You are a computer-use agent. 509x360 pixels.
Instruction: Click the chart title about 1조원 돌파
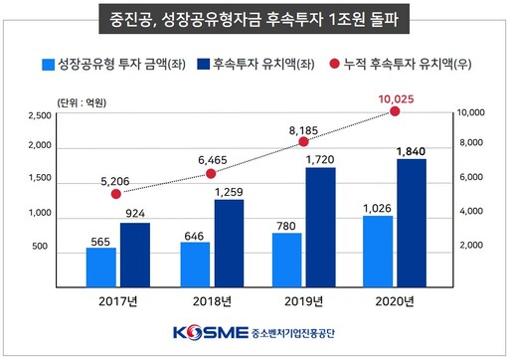pyautogui.click(x=254, y=18)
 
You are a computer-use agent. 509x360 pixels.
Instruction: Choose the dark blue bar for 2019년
pyautogui.click(x=320, y=224)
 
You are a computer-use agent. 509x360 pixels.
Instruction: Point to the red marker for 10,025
pyautogui.click(x=396, y=111)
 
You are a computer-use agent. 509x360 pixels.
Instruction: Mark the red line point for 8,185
pyautogui.click(x=303, y=142)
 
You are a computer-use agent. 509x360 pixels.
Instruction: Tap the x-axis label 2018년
pyautogui.click(x=212, y=301)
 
